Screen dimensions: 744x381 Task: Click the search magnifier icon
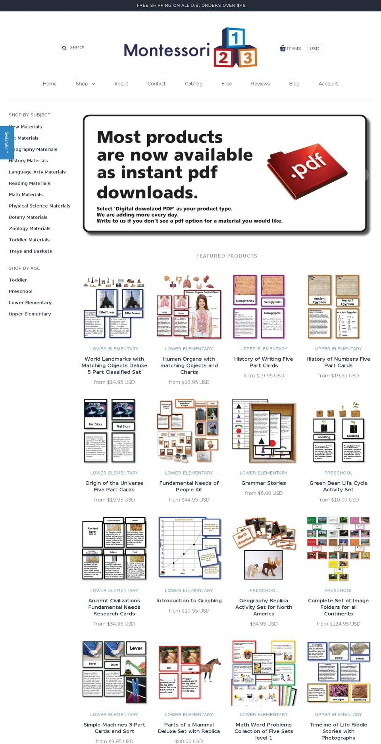[x=64, y=48]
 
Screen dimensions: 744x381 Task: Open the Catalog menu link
[x=194, y=84]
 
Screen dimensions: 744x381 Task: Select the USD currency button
[x=314, y=48]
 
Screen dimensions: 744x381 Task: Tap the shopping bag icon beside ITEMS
[x=283, y=48]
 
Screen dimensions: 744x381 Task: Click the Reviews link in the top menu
[x=260, y=84]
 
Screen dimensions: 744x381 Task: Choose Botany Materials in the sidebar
[x=28, y=217]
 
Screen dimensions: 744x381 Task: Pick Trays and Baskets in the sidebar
[x=31, y=251]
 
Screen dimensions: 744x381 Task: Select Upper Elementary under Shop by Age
[x=30, y=314]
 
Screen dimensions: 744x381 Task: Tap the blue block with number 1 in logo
[x=235, y=38]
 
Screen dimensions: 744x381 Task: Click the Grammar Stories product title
[x=264, y=483]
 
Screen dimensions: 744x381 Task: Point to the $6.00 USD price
[x=264, y=493]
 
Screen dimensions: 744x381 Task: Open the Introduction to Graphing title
[x=189, y=601]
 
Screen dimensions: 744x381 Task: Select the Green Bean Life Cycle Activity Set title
[x=339, y=486]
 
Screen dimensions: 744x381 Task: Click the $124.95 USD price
[x=339, y=624]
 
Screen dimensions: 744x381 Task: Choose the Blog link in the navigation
[x=294, y=84]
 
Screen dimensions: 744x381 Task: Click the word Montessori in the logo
[x=167, y=50]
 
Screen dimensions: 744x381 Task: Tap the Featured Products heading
[x=227, y=256]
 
